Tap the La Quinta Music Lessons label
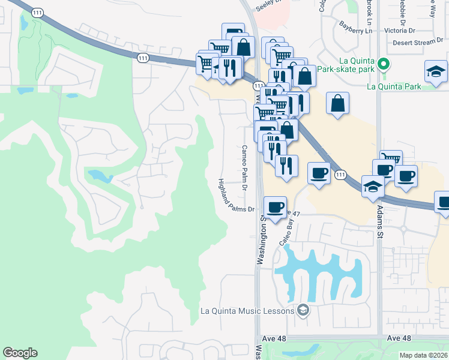coord(247,311)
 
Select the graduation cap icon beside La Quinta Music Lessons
coord(303,310)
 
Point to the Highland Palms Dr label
coord(236,196)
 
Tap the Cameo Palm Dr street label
coord(245,167)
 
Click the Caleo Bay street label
coord(288,230)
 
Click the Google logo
coord(20,353)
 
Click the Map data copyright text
coord(423,355)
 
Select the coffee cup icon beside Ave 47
coord(275,208)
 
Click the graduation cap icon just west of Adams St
coord(373,187)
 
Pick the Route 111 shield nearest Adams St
coord(340,174)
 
